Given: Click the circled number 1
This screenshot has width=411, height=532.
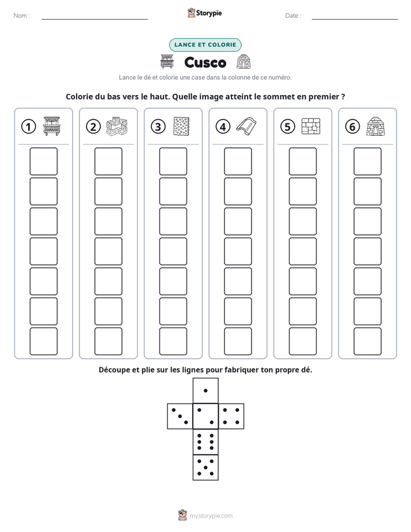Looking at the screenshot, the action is pyautogui.click(x=28, y=127).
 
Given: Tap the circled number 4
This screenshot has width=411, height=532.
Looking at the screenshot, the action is pyautogui.click(x=223, y=127).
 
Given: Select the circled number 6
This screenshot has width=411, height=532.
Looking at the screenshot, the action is pyautogui.click(x=352, y=127).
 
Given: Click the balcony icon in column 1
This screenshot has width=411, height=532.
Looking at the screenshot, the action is pyautogui.click(x=52, y=126).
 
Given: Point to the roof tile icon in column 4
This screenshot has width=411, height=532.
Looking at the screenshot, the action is pyautogui.click(x=246, y=127).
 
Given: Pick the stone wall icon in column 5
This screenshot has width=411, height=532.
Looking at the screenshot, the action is pyautogui.click(x=311, y=126).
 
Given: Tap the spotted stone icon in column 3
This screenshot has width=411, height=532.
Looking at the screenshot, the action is pyautogui.click(x=181, y=127).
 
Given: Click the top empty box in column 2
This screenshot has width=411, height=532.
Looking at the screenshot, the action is pyautogui.click(x=109, y=161).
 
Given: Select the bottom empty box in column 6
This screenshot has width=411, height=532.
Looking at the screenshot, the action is pyautogui.click(x=368, y=341).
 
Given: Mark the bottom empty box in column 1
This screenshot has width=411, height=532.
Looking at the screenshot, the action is pyautogui.click(x=44, y=341).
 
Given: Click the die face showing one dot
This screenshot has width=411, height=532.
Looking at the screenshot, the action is pyautogui.click(x=205, y=390).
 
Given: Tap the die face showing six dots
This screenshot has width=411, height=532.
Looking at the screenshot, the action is pyautogui.click(x=205, y=442).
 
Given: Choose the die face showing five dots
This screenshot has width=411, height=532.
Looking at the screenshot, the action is pyautogui.click(x=205, y=468).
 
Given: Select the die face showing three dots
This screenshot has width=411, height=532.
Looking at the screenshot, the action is pyautogui.click(x=180, y=416).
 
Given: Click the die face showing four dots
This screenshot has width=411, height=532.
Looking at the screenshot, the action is pyautogui.click(x=231, y=416).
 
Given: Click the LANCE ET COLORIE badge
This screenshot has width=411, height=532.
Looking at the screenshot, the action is pyautogui.click(x=205, y=45).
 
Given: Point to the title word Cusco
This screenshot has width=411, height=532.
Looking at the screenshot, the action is pyautogui.click(x=205, y=62).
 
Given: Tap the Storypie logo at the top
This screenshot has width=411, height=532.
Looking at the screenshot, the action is pyautogui.click(x=204, y=13).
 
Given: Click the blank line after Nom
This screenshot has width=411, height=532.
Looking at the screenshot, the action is pyautogui.click(x=94, y=19).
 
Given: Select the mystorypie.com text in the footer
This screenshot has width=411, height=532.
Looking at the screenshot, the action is pyautogui.click(x=211, y=516).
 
